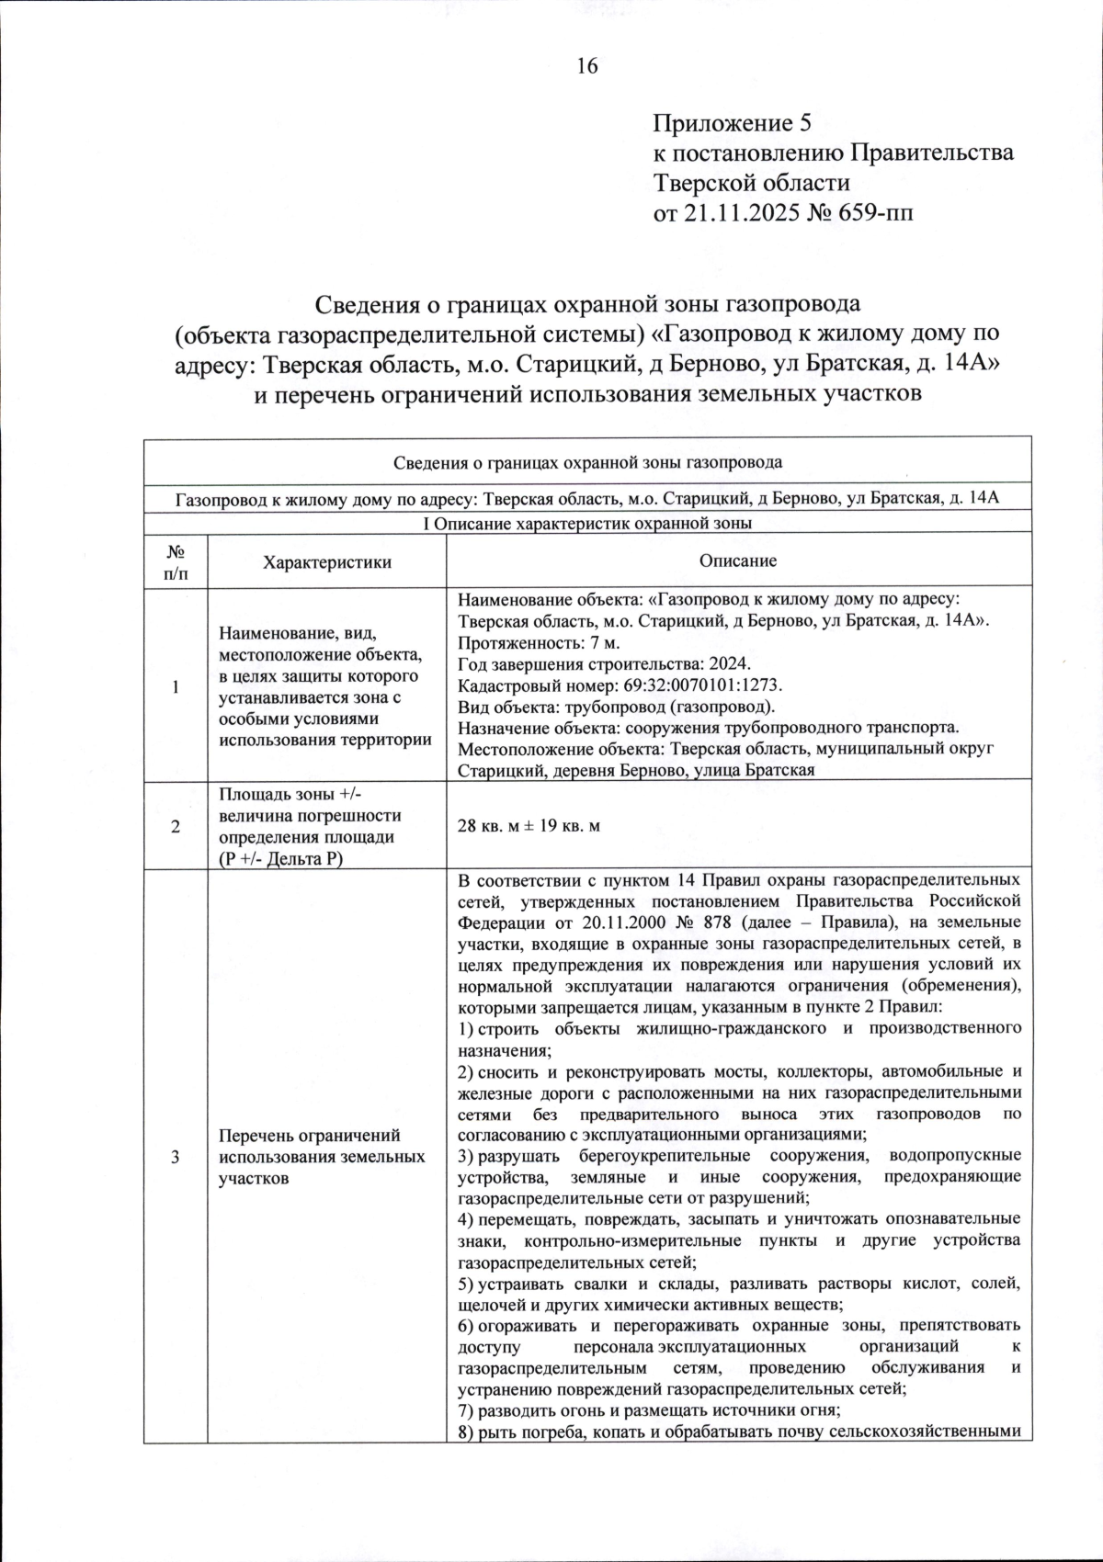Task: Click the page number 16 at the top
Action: point(587,66)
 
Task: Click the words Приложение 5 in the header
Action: point(733,123)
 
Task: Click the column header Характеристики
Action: point(326,562)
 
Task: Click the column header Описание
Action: point(737,560)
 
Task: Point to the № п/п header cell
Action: point(175,562)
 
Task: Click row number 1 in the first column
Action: point(175,687)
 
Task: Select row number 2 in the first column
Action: point(175,826)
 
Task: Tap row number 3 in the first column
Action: point(175,1156)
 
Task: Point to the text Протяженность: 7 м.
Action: point(527,642)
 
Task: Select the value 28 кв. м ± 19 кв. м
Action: point(529,826)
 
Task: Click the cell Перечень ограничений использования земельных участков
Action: point(322,1156)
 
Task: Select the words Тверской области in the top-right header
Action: point(751,183)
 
